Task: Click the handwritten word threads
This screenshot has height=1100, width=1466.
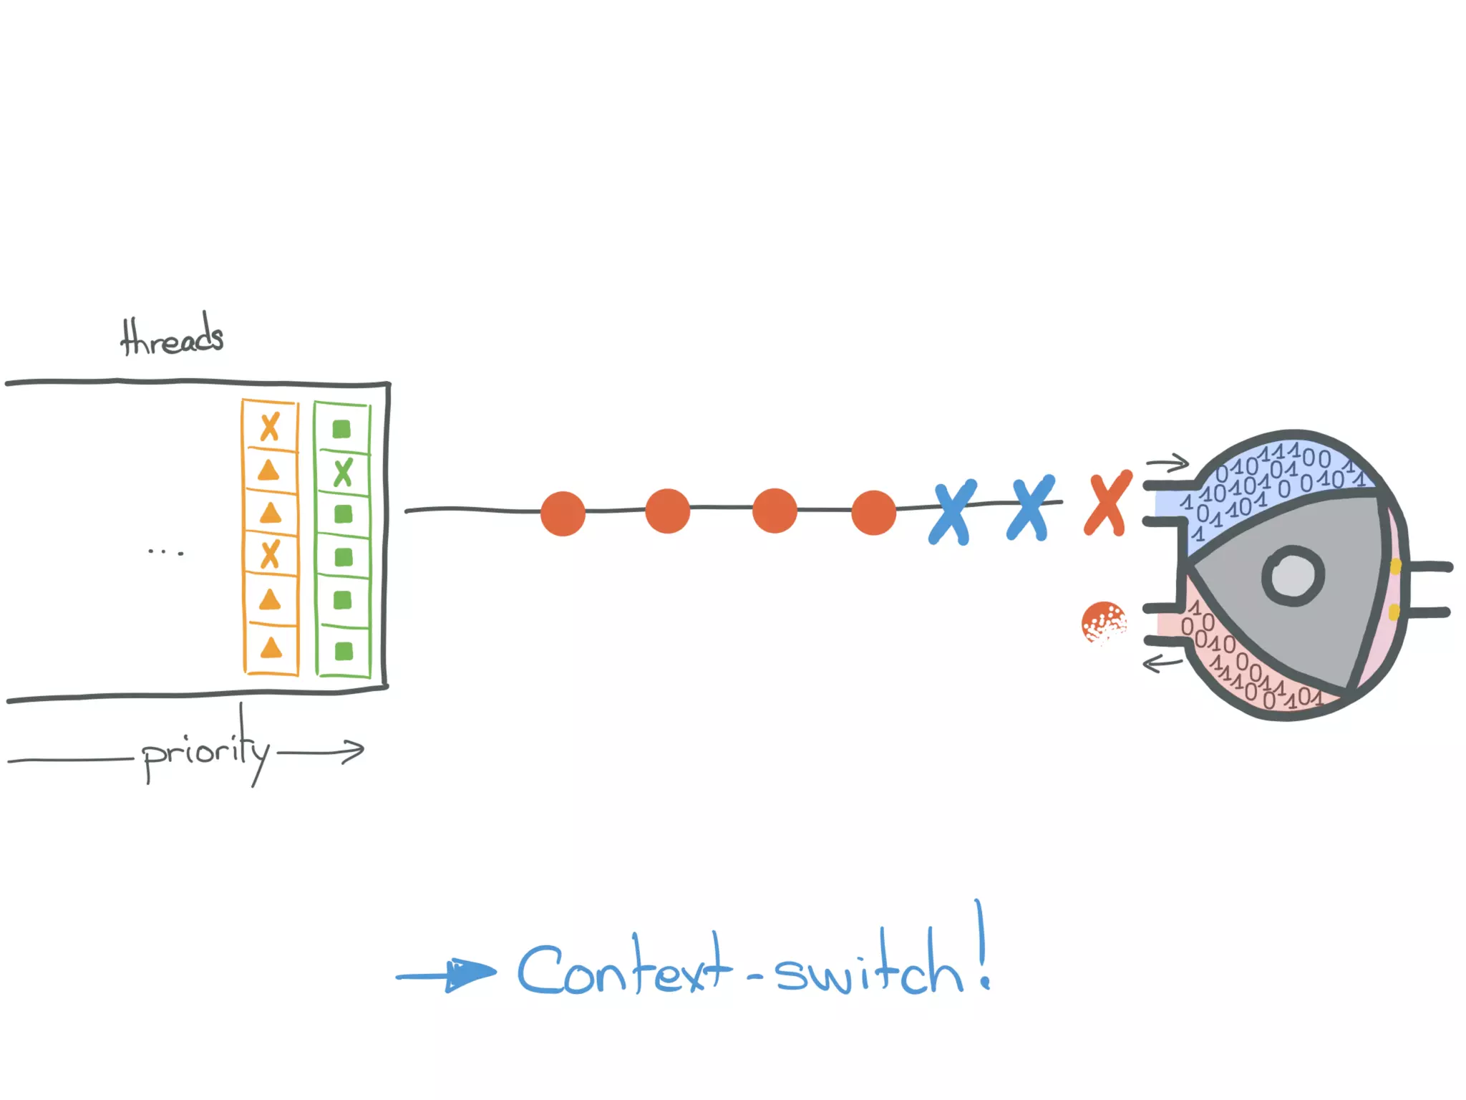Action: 172,337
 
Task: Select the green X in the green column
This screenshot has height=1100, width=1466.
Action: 344,473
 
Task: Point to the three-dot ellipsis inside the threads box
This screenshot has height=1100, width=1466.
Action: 165,552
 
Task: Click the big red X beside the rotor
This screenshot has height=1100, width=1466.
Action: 1107,503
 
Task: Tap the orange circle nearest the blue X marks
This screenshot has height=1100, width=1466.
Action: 873,513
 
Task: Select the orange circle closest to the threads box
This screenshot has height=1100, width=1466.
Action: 563,513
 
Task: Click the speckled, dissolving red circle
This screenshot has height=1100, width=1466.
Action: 1103,622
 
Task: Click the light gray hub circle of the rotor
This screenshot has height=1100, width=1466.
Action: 1293,576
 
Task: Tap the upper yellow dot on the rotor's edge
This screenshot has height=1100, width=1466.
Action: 1395,566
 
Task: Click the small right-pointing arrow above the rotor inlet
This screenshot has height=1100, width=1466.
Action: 1168,464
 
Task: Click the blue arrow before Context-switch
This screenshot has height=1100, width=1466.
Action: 447,974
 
